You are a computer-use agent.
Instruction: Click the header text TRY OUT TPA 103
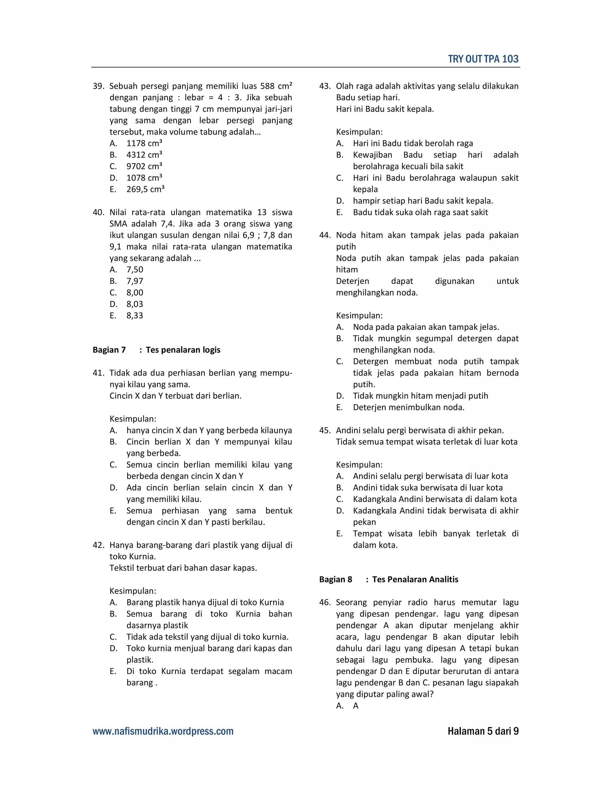tap(483, 59)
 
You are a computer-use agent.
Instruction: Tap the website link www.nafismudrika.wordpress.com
tap(163, 731)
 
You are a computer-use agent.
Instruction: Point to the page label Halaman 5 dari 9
tap(483, 731)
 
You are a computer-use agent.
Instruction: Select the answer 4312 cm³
tap(144, 155)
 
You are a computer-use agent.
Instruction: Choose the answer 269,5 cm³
tap(145, 189)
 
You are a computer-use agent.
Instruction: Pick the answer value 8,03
tap(134, 304)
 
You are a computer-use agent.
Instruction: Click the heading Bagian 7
tap(109, 350)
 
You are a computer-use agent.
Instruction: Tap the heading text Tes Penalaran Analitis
tap(415, 580)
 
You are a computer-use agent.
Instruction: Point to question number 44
tap(325, 235)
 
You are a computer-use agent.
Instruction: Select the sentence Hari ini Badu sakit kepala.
tap(385, 109)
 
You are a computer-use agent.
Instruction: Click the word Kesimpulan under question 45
tap(359, 465)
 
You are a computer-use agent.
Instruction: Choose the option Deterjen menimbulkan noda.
tap(408, 408)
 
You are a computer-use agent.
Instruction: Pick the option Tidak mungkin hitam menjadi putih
tap(420, 396)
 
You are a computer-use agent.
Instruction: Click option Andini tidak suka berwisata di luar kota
tap(427, 488)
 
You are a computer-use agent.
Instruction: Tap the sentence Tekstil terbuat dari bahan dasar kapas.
tap(183, 568)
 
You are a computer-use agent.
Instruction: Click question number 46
tap(325, 603)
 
